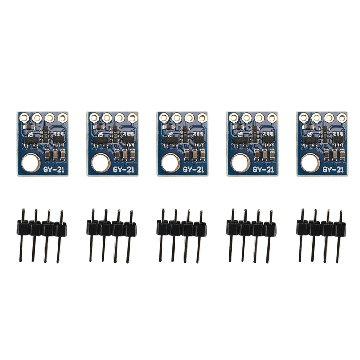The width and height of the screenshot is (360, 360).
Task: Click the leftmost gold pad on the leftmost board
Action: tap(24, 117)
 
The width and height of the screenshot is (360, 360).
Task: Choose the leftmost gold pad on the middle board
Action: tap(164, 118)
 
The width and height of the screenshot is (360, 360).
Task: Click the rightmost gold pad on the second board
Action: tap(132, 118)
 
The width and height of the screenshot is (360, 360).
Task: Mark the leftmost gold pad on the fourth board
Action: tap(234, 118)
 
